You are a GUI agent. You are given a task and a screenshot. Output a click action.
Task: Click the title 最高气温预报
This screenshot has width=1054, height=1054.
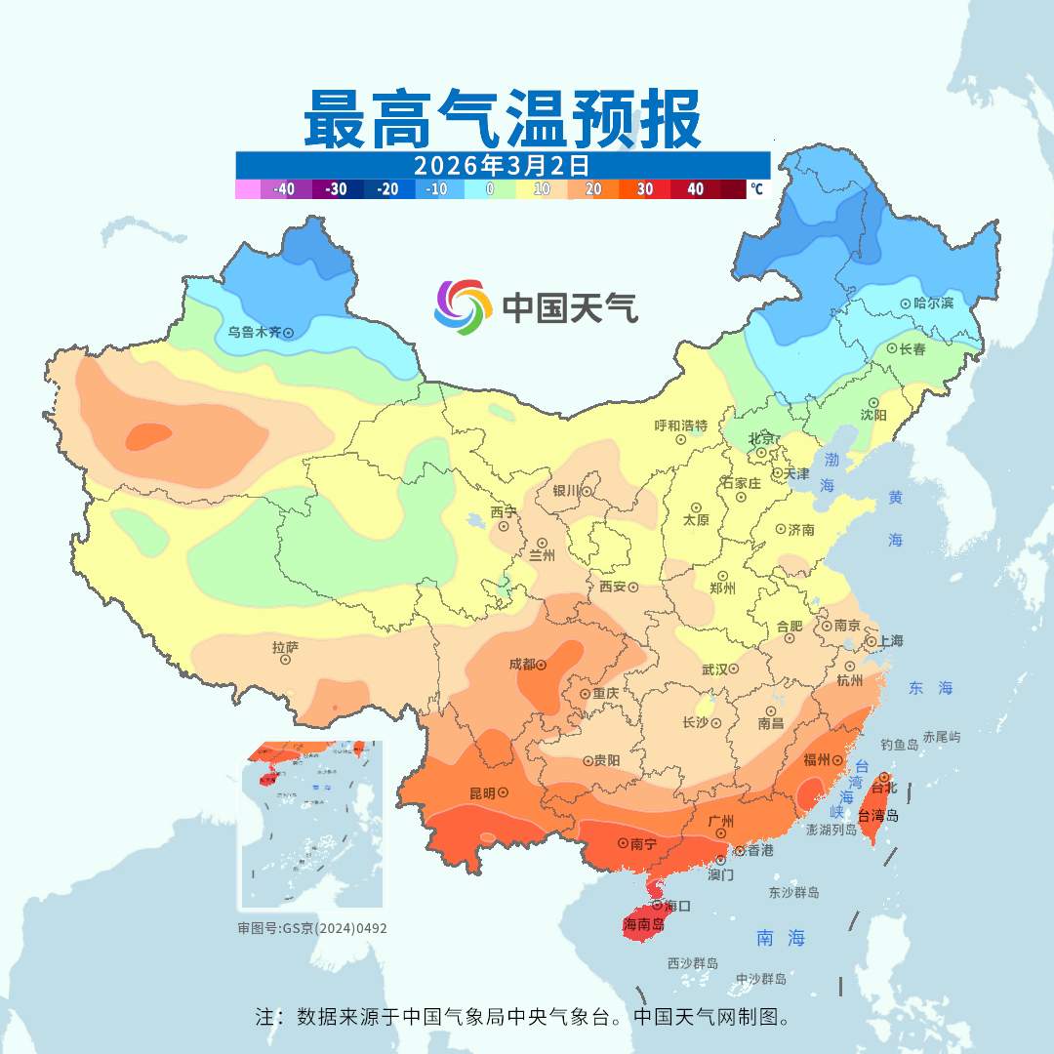pyautogui.click(x=502, y=118)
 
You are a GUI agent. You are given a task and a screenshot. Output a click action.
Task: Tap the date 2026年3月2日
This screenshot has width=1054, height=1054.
pyautogui.click(x=502, y=164)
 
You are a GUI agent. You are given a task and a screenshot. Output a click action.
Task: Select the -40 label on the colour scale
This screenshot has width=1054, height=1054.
pyautogui.click(x=285, y=189)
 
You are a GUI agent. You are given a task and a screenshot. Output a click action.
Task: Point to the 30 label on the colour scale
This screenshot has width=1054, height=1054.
pyautogui.click(x=645, y=189)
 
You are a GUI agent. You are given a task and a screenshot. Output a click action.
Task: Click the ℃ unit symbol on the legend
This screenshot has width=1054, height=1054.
pyautogui.click(x=755, y=189)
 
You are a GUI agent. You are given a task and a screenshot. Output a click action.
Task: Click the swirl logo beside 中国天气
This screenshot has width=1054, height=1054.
pyautogui.click(x=463, y=306)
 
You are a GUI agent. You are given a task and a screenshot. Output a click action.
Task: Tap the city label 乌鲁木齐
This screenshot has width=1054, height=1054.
pyautogui.click(x=254, y=332)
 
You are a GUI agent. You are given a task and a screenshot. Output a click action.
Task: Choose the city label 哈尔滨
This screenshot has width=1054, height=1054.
pyautogui.click(x=934, y=304)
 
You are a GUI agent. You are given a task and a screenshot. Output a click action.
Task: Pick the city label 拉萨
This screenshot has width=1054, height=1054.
pyautogui.click(x=285, y=646)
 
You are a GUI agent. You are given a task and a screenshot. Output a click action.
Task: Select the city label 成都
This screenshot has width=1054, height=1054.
pyautogui.click(x=522, y=665)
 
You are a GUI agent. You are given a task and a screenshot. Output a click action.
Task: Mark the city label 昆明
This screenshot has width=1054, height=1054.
pyautogui.click(x=481, y=792)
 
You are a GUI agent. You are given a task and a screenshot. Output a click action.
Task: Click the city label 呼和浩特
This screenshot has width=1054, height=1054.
pyautogui.click(x=680, y=426)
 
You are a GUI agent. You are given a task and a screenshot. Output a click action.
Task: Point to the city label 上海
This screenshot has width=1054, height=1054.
pyautogui.click(x=890, y=641)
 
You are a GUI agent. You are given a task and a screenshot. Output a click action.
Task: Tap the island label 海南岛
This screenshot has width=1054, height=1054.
pyautogui.click(x=643, y=923)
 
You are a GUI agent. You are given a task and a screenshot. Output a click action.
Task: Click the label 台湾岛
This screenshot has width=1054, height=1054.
pyautogui.click(x=878, y=816)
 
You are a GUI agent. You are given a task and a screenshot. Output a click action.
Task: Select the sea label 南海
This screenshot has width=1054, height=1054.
pyautogui.click(x=781, y=939)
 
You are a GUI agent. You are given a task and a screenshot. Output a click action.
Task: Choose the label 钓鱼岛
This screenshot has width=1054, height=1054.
pyautogui.click(x=899, y=745)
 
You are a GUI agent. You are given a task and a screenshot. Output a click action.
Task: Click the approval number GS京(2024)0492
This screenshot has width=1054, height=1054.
pyautogui.click(x=312, y=928)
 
